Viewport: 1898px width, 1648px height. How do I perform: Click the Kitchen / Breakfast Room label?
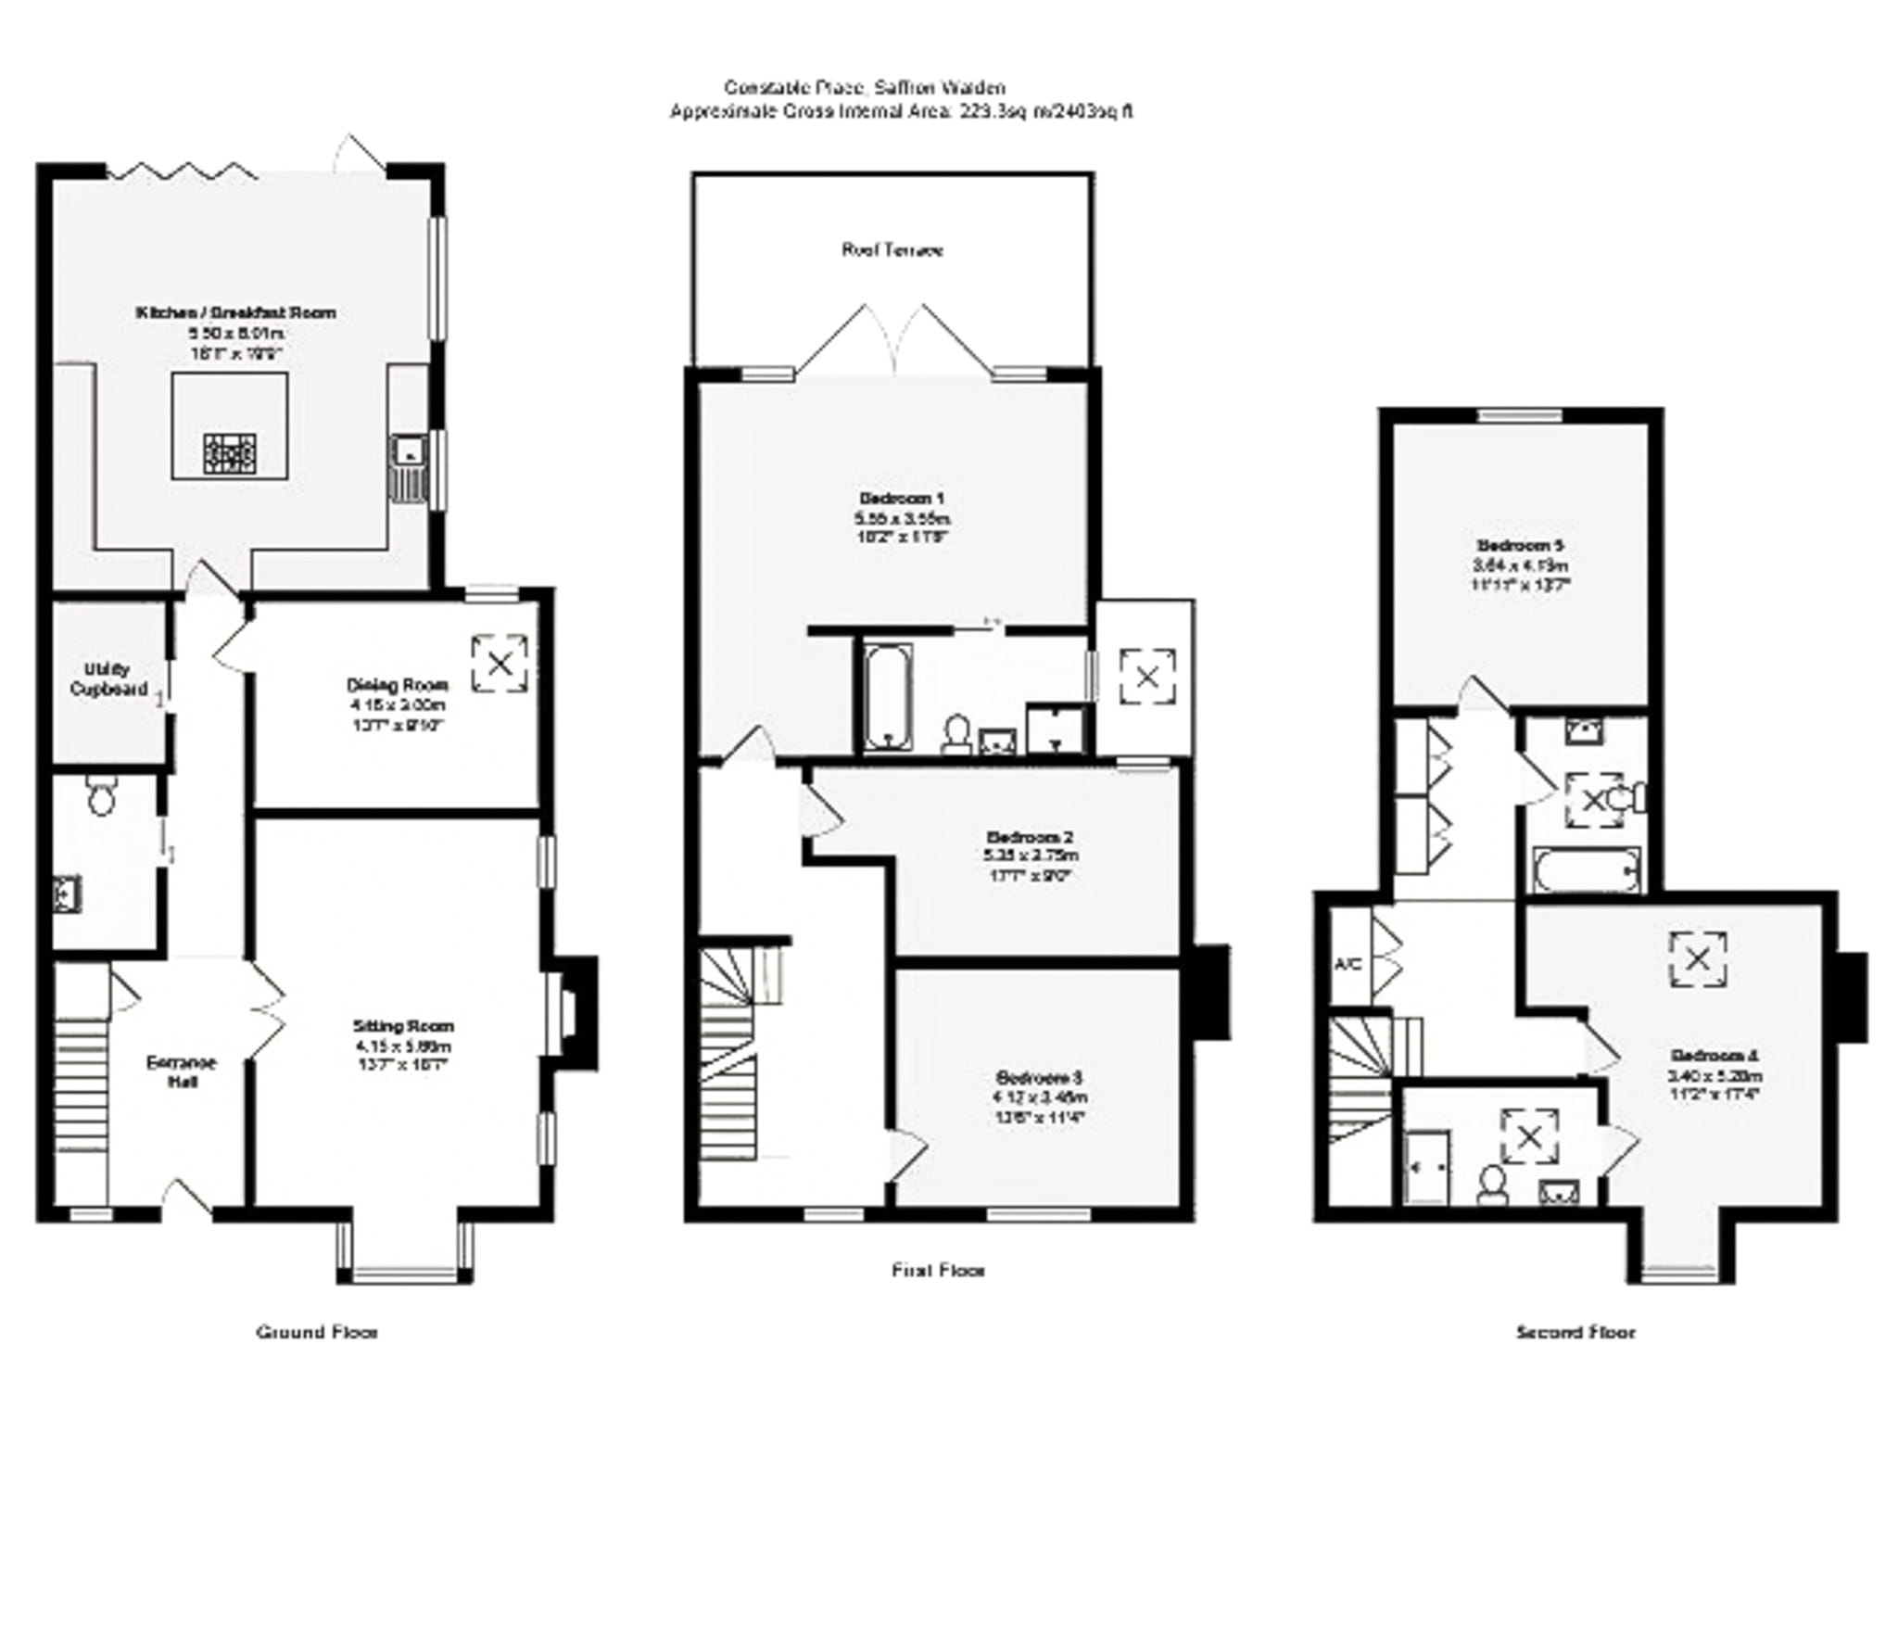point(236,313)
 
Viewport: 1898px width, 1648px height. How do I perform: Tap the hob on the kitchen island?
point(230,454)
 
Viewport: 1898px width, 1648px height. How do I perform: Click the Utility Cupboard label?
point(108,678)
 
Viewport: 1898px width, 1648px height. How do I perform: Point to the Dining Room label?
point(398,685)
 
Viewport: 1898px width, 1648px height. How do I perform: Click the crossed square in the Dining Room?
point(500,663)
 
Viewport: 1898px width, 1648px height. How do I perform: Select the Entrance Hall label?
point(181,1071)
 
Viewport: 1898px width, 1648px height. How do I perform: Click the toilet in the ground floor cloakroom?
point(100,797)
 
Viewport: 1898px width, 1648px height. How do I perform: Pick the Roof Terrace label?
point(892,250)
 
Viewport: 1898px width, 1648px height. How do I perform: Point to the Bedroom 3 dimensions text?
point(1040,1107)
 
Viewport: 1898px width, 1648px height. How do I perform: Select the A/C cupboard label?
point(1348,964)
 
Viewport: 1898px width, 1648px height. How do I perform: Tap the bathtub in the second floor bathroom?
point(1586,869)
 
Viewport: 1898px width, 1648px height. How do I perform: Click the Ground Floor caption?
point(317,1332)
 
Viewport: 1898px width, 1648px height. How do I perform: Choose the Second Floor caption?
point(1575,1332)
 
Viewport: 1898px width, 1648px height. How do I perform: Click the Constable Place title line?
point(864,88)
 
